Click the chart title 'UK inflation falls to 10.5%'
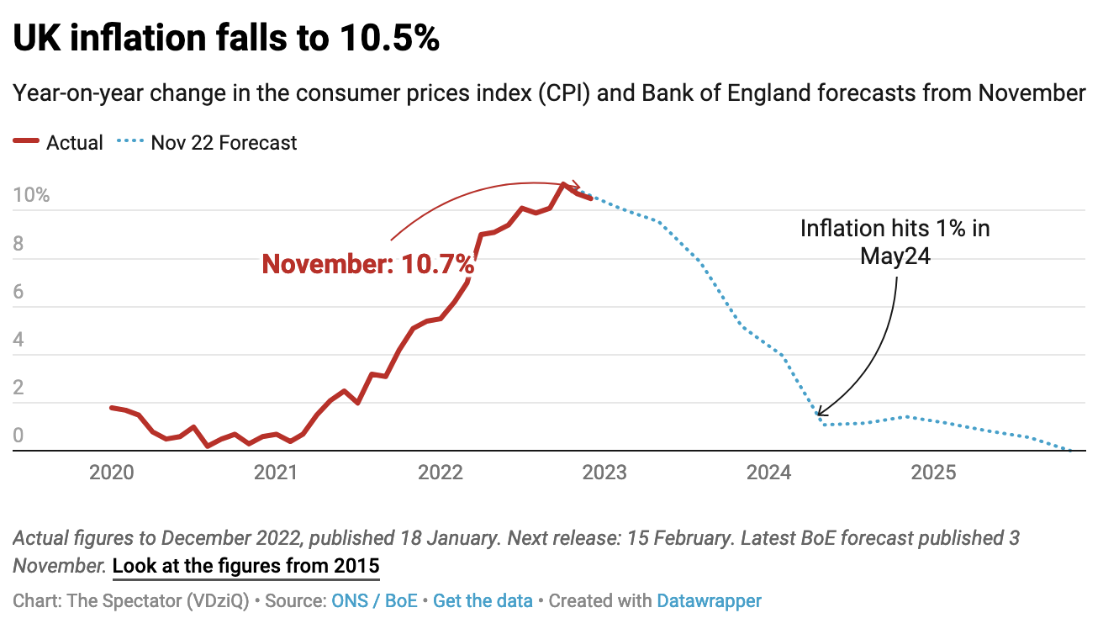click(226, 39)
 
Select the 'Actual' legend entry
click(74, 143)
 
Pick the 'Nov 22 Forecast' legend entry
click(224, 143)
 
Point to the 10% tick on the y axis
click(32, 196)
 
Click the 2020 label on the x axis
click(111, 473)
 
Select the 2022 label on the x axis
click(441, 473)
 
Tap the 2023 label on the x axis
click(604, 473)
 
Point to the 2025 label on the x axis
click(934, 473)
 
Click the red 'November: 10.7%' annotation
click(368, 264)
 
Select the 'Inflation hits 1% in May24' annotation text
click(895, 242)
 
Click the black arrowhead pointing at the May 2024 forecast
click(820, 412)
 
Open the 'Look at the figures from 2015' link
click(245, 565)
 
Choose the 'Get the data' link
click(483, 601)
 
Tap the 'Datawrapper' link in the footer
click(709, 601)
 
